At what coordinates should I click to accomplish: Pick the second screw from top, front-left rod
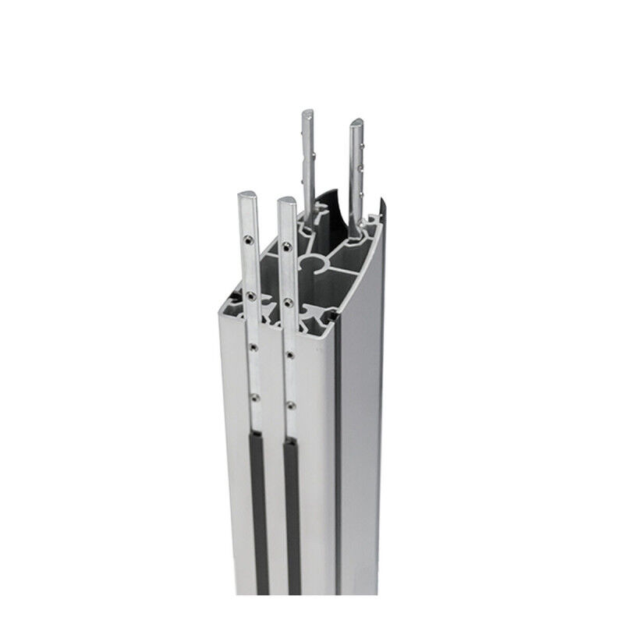tap(250, 296)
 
